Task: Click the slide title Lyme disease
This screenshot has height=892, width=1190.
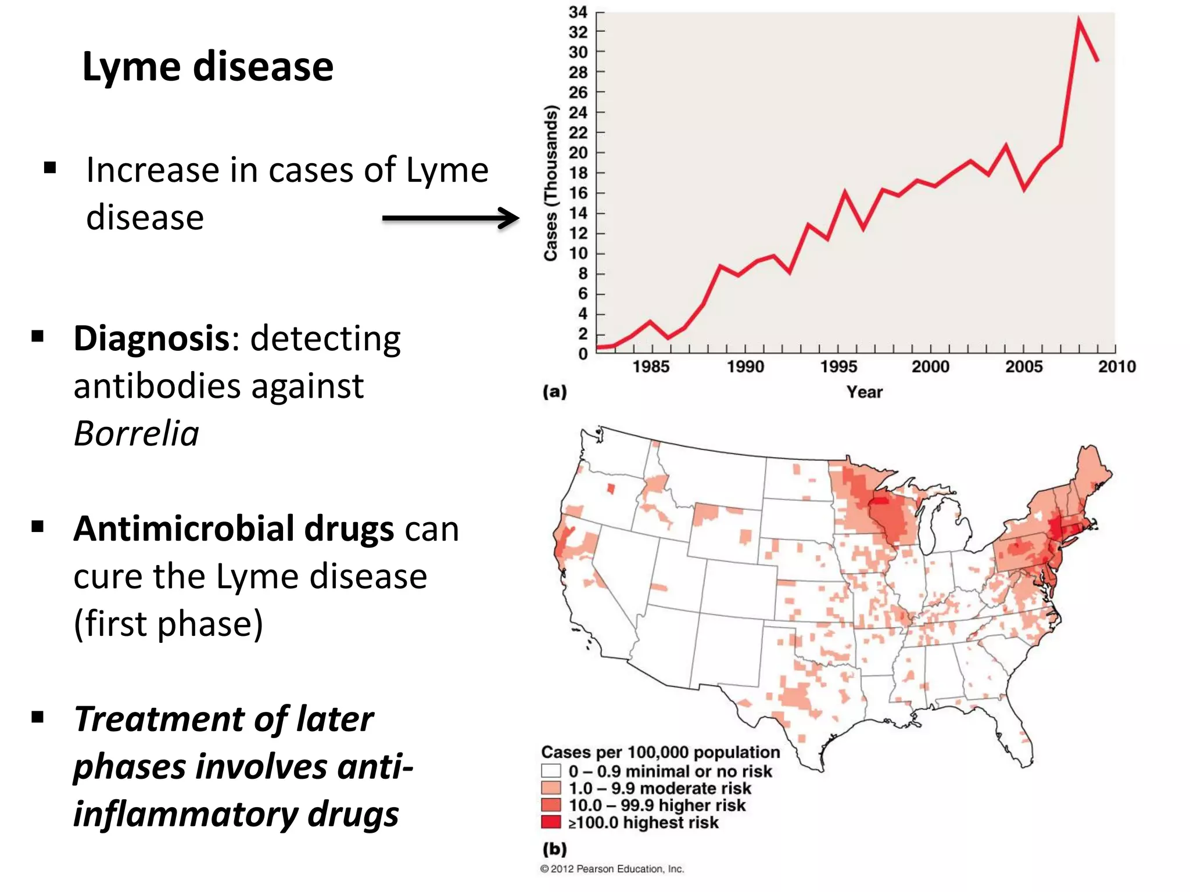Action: [x=208, y=66]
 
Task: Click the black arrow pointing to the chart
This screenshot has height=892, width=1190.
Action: [x=450, y=218]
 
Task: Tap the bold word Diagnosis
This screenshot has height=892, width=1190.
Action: [x=152, y=339]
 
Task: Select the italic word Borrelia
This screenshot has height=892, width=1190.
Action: [x=137, y=434]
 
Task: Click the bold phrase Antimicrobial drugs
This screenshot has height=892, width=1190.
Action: [x=234, y=529]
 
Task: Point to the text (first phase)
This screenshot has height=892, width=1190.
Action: [x=169, y=624]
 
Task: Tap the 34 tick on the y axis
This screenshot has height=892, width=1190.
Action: [x=578, y=12]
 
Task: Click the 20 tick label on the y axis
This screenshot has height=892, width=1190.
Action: [x=578, y=153]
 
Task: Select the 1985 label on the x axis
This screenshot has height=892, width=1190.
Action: [x=651, y=367]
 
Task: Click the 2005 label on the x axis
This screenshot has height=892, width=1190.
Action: [x=1024, y=367]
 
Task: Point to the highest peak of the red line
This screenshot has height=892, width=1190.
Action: [x=1079, y=20]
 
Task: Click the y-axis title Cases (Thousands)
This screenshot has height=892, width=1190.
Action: [x=550, y=183]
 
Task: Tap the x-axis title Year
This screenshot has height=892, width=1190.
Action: [x=864, y=392]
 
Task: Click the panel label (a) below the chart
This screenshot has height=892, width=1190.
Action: [x=554, y=392]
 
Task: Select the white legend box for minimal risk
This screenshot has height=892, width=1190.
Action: [x=551, y=771]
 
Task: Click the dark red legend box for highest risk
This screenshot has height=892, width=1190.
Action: [x=551, y=822]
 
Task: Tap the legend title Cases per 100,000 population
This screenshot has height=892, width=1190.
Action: [x=661, y=752]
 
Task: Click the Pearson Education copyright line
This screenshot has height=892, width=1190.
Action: [x=612, y=869]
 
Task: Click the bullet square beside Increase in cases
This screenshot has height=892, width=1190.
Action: [x=50, y=168]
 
